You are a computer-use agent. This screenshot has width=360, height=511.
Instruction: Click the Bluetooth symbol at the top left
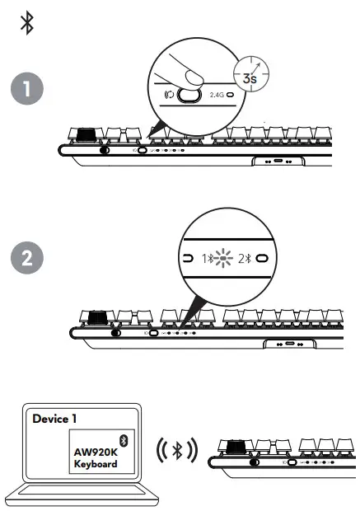coord(27,24)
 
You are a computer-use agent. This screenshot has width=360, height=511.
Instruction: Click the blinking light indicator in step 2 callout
coord(221,258)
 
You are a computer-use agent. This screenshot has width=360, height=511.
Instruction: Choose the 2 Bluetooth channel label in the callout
coord(243,258)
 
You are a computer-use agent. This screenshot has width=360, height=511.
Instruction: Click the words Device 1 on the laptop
coord(54,419)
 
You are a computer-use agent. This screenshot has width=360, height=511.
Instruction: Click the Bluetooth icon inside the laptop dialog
coord(124,440)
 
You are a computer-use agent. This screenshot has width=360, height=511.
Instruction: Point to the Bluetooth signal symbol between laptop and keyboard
coord(175,450)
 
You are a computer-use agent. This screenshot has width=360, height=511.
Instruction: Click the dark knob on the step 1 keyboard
coord(86,134)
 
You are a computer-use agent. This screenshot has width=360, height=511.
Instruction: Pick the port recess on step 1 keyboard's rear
coord(277,162)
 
